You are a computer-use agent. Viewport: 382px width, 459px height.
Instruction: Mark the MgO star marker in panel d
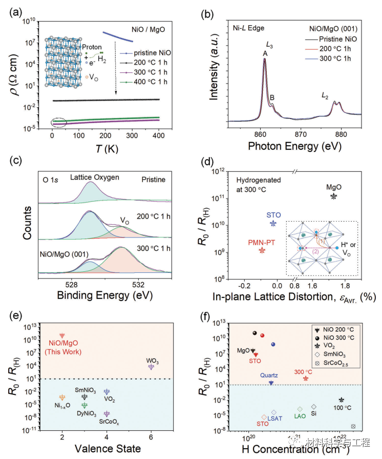tap(334, 196)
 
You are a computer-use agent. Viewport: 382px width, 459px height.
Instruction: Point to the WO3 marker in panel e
tap(151, 366)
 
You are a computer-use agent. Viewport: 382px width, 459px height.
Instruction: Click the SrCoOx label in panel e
tap(106, 422)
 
